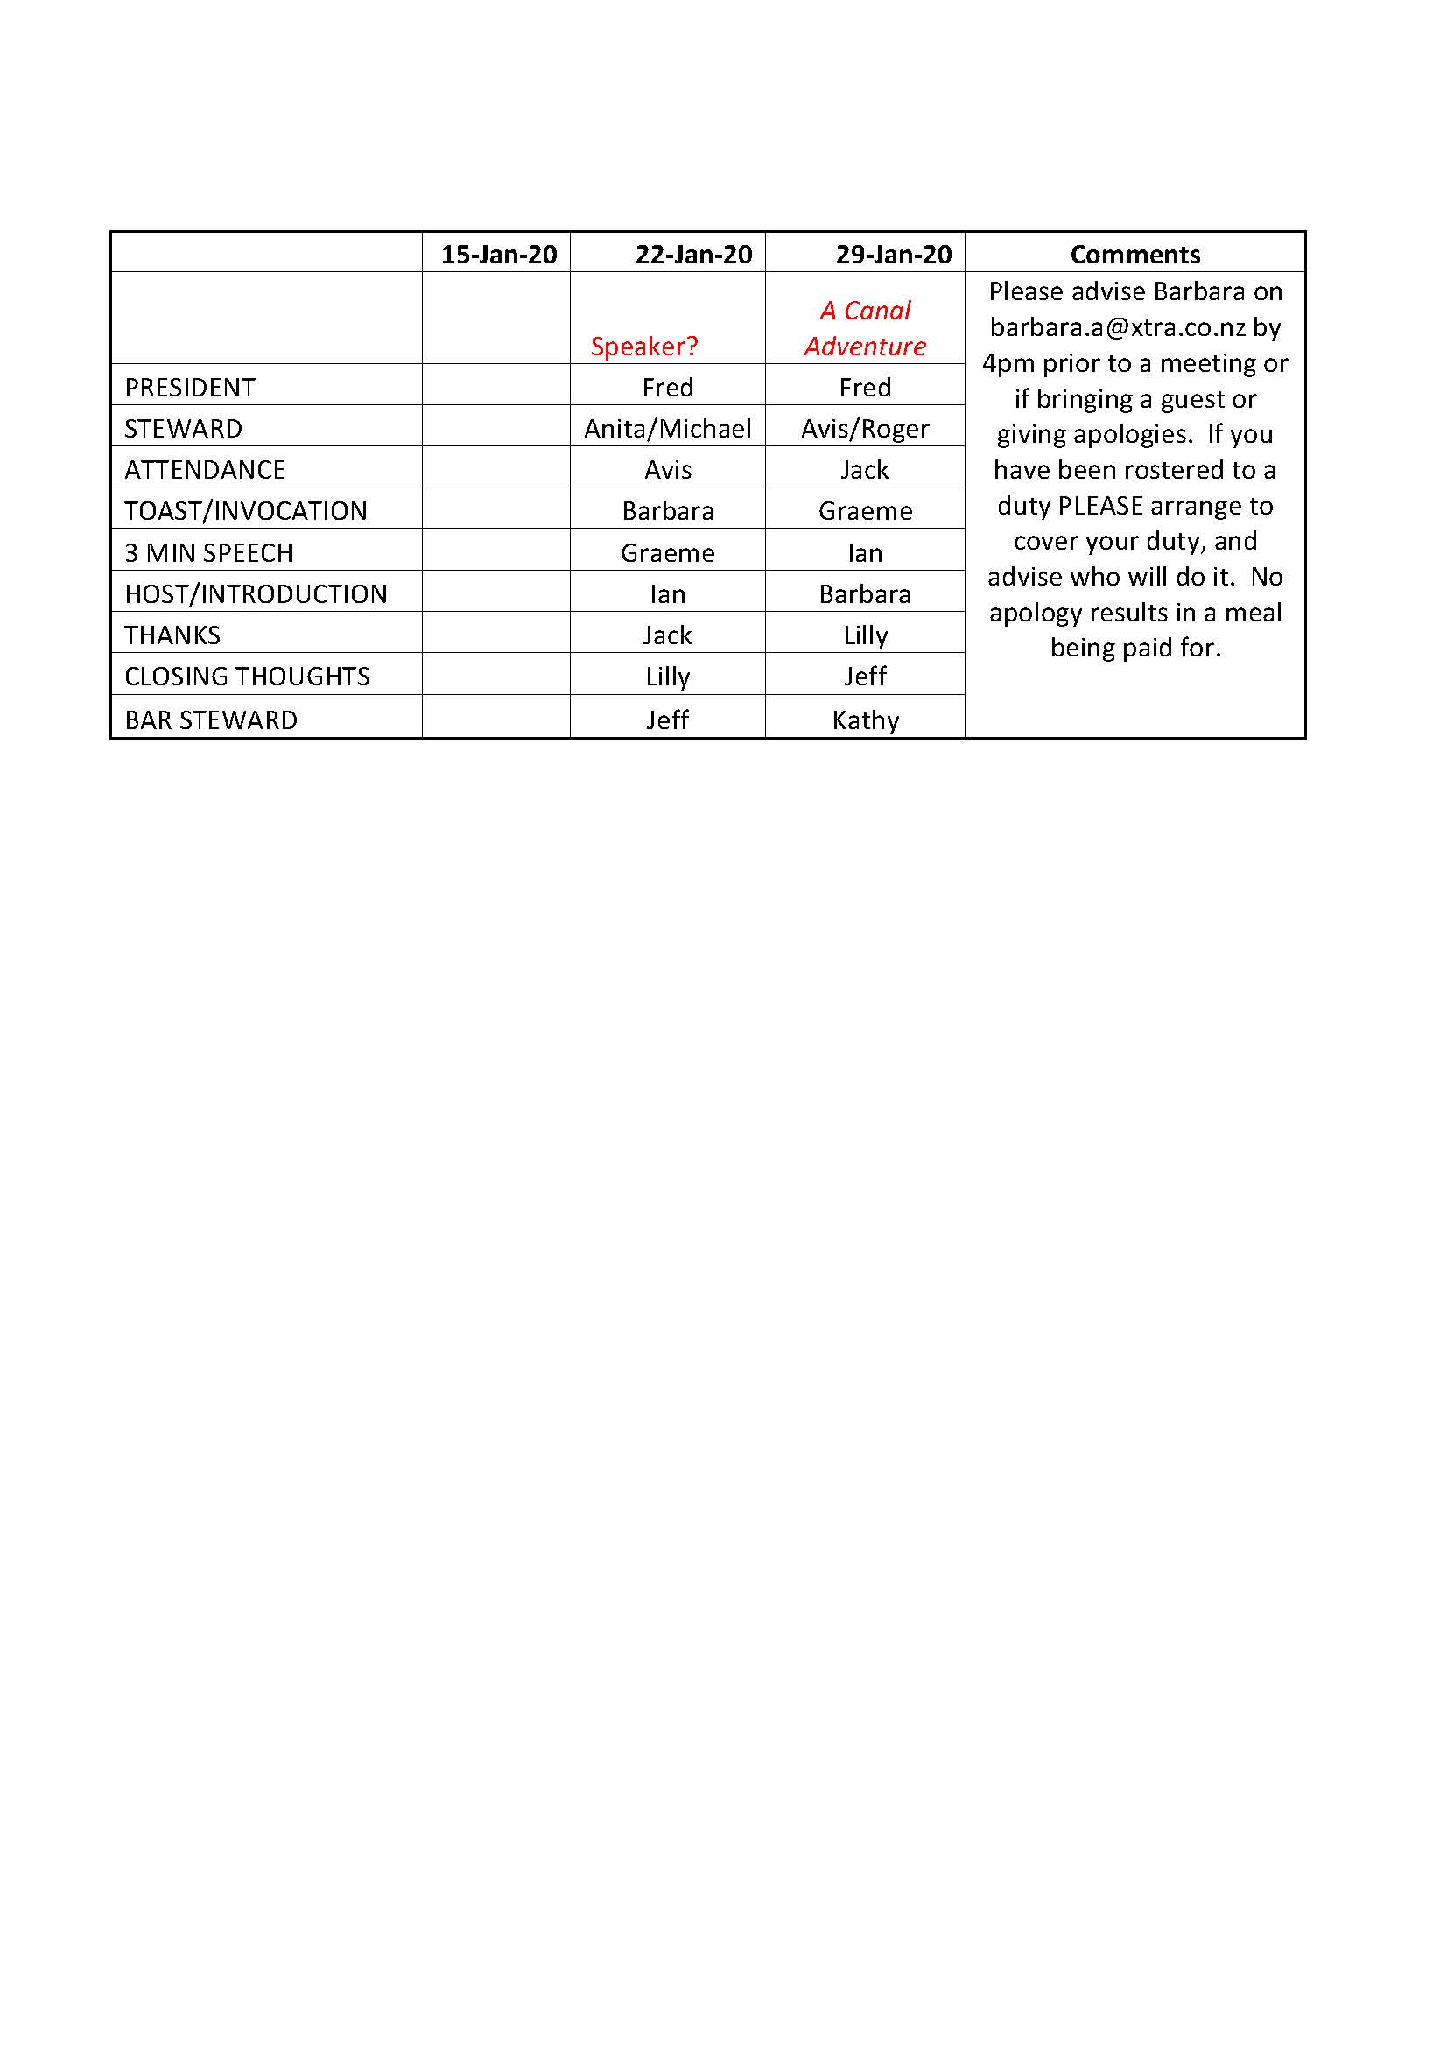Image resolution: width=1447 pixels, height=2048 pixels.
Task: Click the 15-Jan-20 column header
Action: [x=499, y=254]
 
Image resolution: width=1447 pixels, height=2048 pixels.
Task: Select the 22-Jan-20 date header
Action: [x=693, y=254]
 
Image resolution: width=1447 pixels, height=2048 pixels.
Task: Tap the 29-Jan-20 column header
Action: [x=893, y=254]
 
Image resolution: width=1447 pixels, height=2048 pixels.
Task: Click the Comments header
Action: [x=1134, y=254]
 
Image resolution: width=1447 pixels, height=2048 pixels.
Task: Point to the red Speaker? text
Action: [x=644, y=346]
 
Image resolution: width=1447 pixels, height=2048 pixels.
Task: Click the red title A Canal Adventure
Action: [x=866, y=327]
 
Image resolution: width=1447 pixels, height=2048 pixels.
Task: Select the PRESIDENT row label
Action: [x=190, y=387]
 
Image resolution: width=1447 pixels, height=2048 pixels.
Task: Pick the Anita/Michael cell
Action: [x=667, y=429]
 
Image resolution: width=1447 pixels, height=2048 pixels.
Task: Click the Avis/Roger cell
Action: [x=865, y=429]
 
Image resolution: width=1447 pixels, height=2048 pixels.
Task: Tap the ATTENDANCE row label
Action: [x=205, y=470]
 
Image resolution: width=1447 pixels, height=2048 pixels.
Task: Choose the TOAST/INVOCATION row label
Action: [x=246, y=511]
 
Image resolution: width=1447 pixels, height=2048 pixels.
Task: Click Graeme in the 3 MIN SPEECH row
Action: [x=667, y=553]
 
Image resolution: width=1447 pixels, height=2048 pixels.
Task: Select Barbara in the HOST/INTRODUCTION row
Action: [x=865, y=594]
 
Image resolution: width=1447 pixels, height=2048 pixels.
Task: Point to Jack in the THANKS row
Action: [x=667, y=635]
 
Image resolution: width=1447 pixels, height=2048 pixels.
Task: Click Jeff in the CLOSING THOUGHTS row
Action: [x=865, y=677]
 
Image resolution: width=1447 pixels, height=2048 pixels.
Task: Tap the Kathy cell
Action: [x=865, y=719]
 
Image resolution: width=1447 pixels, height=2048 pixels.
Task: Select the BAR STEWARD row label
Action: [x=212, y=719]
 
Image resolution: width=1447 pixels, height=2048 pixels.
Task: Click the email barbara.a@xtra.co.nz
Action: [x=1118, y=327]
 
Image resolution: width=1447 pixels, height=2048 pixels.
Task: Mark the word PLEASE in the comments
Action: [x=1100, y=506]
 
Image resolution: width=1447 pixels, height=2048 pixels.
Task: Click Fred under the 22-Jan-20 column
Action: [x=667, y=387]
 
